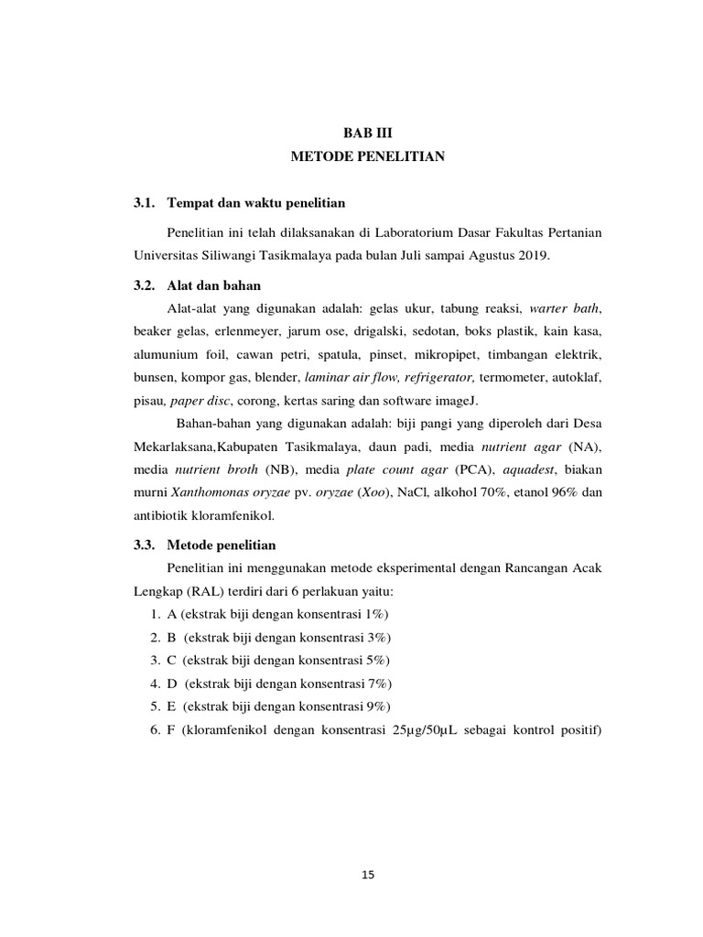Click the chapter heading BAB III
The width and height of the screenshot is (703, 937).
(x=366, y=133)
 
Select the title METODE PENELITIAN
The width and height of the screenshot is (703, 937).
(x=367, y=157)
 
